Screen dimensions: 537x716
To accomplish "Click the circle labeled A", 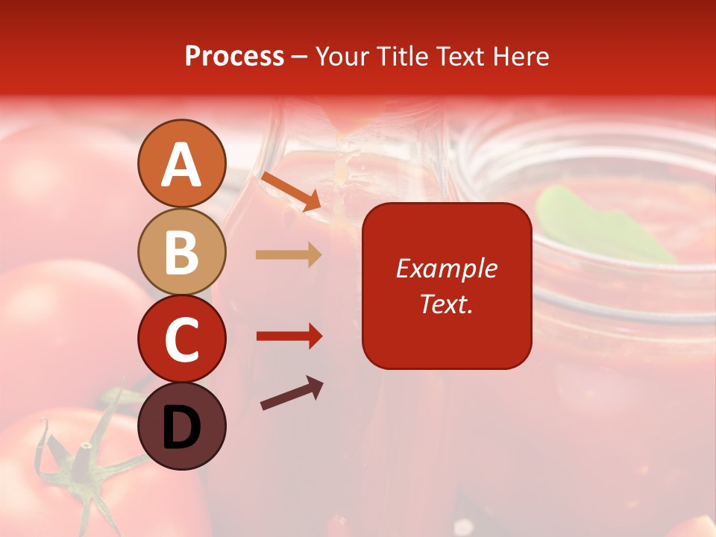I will pyautogui.click(x=181, y=163).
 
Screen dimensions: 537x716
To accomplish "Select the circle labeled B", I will pyautogui.click(x=181, y=251).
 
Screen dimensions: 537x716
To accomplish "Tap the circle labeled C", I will pyautogui.click(x=181, y=339).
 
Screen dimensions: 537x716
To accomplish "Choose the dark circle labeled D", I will pyautogui.click(x=181, y=426).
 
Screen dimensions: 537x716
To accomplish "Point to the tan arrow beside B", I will pyautogui.click(x=289, y=255).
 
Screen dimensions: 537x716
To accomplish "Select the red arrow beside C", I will pyautogui.click(x=289, y=336).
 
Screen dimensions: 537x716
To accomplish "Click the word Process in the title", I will pyautogui.click(x=234, y=57).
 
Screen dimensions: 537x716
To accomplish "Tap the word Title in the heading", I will pyautogui.click(x=402, y=57).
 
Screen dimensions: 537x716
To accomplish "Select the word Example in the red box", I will pyautogui.click(x=447, y=268).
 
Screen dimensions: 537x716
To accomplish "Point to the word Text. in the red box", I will pyautogui.click(x=447, y=304).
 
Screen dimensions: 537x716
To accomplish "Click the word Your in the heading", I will pyautogui.click(x=344, y=57).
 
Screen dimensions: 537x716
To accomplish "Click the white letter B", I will pyautogui.click(x=181, y=251).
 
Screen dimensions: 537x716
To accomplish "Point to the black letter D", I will pyautogui.click(x=181, y=427).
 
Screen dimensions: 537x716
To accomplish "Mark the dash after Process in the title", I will pyautogui.click(x=299, y=57).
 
